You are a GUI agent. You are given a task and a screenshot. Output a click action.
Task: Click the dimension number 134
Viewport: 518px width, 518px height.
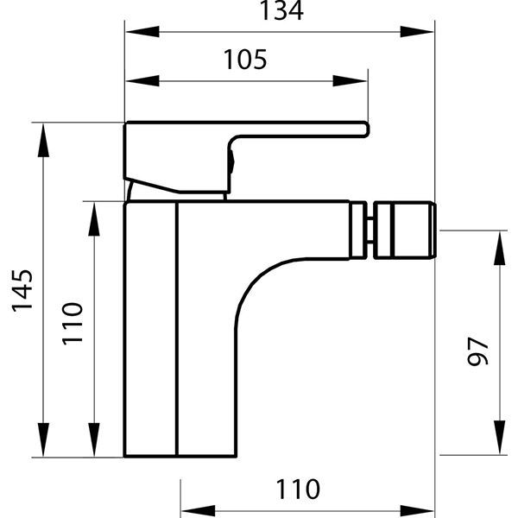click(x=280, y=12)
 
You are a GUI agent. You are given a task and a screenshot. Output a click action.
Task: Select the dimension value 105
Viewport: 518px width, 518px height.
click(x=245, y=60)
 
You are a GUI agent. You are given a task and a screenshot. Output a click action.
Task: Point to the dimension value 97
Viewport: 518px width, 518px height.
click(x=477, y=351)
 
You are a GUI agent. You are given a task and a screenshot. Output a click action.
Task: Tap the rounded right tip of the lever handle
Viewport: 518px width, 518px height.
click(x=365, y=129)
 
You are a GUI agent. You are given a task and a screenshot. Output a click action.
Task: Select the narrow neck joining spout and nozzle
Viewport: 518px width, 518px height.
click(x=369, y=231)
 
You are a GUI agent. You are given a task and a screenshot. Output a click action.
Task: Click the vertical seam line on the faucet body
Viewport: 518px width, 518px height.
click(x=176, y=328)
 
